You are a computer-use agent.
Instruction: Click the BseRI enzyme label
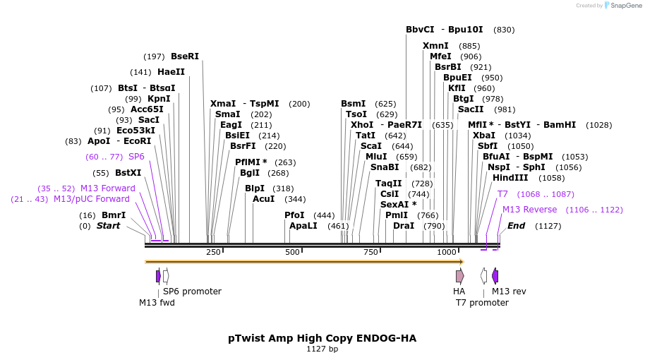pos(185,56)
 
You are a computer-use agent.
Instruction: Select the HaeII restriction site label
pos(171,72)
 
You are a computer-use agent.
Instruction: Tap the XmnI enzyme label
pos(435,46)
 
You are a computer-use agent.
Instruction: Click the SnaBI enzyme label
pos(385,167)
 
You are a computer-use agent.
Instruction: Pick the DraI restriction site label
pos(404,226)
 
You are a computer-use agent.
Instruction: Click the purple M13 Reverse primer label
pos(529,210)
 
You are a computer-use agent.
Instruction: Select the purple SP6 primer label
pos(136,157)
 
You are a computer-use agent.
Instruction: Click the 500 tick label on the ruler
pos(292,252)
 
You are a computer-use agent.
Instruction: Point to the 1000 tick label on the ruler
pos(446,252)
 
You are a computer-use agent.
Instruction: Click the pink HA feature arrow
pos(459,276)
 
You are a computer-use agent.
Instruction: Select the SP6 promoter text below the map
pos(192,292)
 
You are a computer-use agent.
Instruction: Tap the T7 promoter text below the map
pos(482,303)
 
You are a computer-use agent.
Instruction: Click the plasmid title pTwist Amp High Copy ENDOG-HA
pos(322,338)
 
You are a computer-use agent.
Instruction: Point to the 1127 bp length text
pos(322,349)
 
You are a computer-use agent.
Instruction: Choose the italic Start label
pos(108,226)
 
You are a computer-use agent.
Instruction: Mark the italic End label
pos(516,226)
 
